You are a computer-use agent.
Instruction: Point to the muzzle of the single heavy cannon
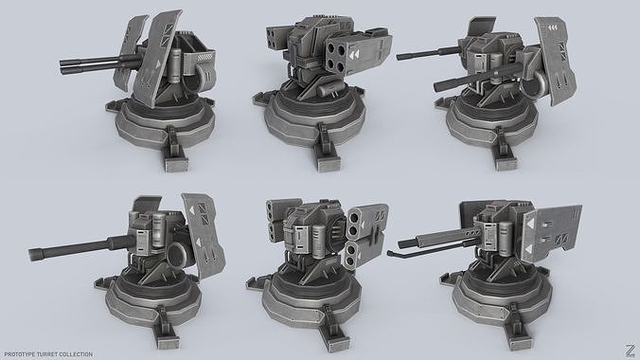35,253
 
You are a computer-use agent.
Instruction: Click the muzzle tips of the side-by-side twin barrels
63,66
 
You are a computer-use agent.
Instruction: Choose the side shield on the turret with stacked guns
552,58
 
